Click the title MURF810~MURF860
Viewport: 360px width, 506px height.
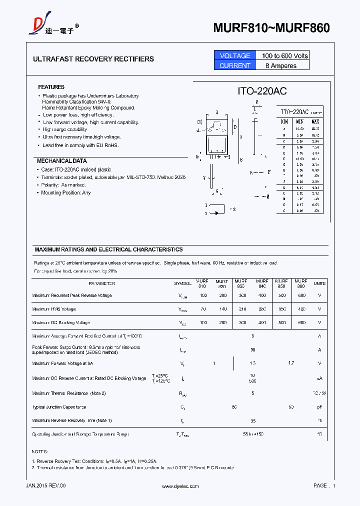[271, 28]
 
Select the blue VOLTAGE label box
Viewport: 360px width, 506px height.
[235, 55]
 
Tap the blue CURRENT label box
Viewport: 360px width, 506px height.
[235, 65]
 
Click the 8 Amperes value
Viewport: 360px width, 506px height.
[281, 65]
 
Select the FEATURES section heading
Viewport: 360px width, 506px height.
[51, 87]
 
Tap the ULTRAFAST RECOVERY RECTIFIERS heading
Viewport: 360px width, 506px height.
[93, 59]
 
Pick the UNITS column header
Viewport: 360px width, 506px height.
[319, 283]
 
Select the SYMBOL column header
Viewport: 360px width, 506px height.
[182, 283]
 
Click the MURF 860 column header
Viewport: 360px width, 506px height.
[301, 283]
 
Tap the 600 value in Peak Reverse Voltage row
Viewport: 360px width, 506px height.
[301, 295]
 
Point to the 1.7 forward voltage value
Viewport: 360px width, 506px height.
[291, 363]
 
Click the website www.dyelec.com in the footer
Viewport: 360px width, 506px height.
[180, 486]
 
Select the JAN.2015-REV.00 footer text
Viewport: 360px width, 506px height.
[45, 486]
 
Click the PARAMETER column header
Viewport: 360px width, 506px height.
[101, 283]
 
